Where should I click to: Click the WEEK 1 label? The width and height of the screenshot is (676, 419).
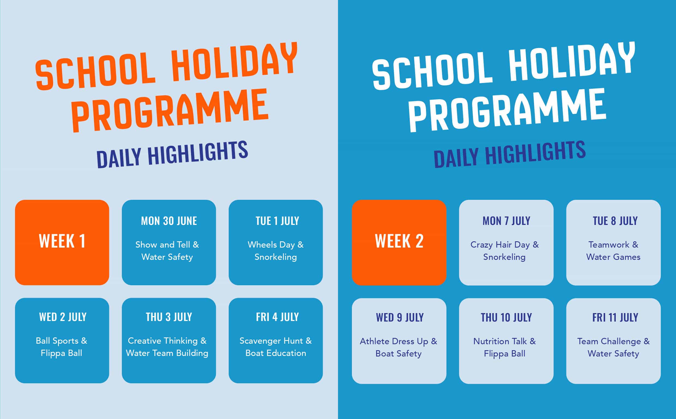point(62,241)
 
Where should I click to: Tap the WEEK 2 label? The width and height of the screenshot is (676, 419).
point(399,241)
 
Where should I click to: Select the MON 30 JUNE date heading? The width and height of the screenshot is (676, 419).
point(169,221)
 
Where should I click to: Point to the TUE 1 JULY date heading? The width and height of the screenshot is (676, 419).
point(277,221)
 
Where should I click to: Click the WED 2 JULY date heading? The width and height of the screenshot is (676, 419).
point(63,317)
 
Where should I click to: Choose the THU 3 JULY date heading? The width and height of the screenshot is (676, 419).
point(169,317)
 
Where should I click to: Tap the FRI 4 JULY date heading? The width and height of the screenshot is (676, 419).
point(277,317)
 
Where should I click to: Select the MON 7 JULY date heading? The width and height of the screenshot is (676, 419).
point(506,221)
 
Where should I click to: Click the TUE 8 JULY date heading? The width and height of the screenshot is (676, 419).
point(615,221)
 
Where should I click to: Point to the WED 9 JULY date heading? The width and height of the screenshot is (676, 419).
point(400,317)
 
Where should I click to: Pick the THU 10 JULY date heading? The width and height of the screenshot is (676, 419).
point(506,317)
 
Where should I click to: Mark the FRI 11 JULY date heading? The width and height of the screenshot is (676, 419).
point(615,317)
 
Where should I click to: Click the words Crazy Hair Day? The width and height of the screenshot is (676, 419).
point(500,245)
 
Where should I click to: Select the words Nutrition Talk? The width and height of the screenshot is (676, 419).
point(500,341)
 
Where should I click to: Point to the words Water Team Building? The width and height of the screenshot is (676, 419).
point(167,353)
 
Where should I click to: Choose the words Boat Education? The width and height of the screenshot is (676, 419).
point(276,353)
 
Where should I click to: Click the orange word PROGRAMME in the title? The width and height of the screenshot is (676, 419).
point(170,110)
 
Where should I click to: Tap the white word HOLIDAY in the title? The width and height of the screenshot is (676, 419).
point(572,62)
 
